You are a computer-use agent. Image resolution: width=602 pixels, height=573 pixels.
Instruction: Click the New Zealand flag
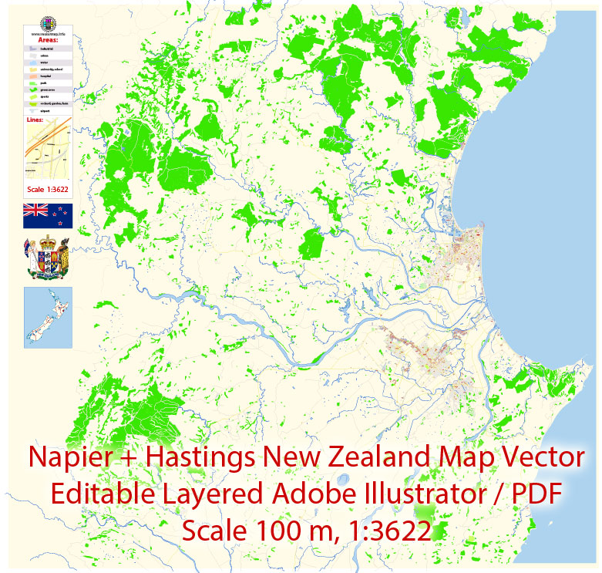click(48, 216)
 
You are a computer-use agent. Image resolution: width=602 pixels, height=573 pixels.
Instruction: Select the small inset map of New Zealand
click(48, 318)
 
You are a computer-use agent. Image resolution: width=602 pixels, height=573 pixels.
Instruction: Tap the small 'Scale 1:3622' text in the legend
click(48, 190)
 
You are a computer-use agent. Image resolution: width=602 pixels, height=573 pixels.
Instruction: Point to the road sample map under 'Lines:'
click(48, 150)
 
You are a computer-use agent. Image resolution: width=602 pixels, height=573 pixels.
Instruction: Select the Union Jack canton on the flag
click(35, 210)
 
